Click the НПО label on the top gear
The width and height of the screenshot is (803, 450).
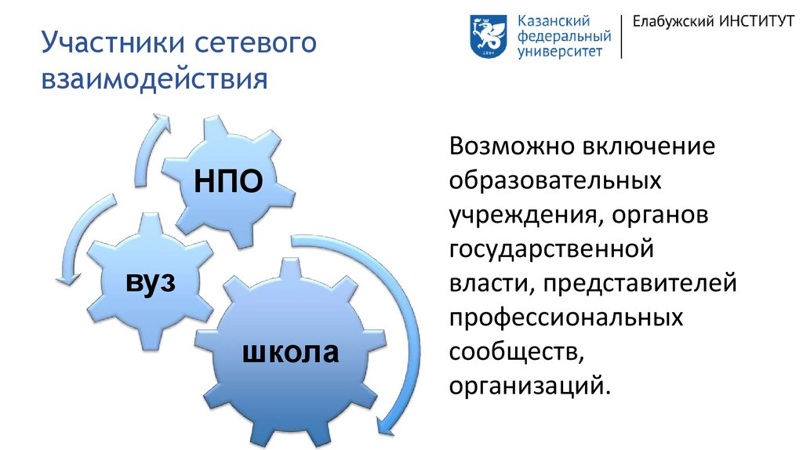pos(228,181)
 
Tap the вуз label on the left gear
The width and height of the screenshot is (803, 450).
pos(151,282)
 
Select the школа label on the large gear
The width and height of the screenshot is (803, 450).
pos(290,352)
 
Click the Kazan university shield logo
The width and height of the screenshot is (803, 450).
pos(489,36)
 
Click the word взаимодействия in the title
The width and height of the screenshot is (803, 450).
pos(154,80)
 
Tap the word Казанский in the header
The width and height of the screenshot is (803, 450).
pos(554,21)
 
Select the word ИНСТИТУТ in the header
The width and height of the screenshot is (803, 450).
pos(757,21)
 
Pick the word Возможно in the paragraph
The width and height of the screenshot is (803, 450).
pos(512,146)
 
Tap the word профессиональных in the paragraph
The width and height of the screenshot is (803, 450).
pos(566,318)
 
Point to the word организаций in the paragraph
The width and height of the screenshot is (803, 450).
pos(530,386)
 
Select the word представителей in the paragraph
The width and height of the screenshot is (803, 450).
pos(640,284)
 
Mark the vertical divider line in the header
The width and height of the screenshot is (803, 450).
pos(622,36)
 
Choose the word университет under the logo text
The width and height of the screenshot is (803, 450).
pos(560,52)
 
